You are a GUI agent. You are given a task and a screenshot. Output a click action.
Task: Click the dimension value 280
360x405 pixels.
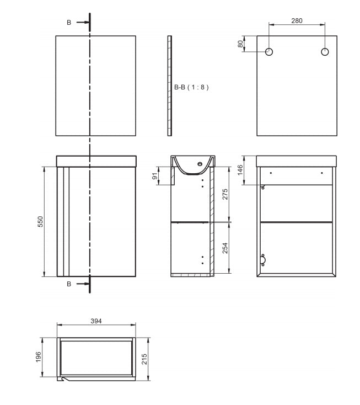click(297, 20)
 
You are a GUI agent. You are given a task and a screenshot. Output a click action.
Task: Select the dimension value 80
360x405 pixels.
click(240, 44)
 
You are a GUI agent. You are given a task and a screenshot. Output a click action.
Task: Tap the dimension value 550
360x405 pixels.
click(40, 221)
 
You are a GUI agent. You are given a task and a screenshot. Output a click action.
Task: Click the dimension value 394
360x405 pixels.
click(95, 321)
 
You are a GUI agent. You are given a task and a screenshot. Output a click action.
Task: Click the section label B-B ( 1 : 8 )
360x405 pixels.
click(191, 87)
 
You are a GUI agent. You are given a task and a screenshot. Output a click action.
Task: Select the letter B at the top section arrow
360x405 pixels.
click(69, 23)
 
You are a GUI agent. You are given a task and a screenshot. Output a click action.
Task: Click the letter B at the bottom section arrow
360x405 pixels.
click(69, 284)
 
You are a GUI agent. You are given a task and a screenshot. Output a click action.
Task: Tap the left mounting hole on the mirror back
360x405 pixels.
click(269, 52)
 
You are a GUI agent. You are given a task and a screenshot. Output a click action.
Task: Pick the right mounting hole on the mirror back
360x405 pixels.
click(325, 52)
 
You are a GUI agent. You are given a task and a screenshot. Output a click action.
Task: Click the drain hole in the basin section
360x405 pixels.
click(200, 164)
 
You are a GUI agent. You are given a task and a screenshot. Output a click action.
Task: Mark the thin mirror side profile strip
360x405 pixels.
click(170, 86)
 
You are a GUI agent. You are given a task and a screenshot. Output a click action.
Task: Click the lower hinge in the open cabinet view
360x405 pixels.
click(263, 260)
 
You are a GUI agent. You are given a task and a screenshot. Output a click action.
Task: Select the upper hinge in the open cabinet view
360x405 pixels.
click(262, 188)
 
